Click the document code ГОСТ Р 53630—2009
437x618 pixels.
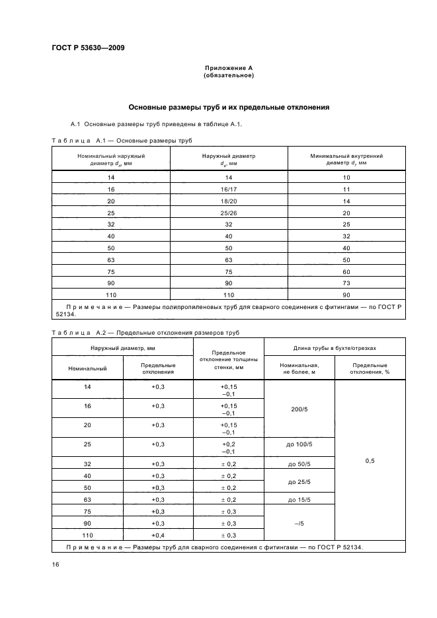coord(88,48)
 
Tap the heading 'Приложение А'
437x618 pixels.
coord(228,68)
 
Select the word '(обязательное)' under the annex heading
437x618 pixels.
coord(228,75)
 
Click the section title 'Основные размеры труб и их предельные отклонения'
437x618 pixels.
coord(228,108)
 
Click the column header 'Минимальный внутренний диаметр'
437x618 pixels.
coord(347,158)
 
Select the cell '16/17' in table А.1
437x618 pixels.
coord(229,189)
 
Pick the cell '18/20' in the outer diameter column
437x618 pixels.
coord(229,201)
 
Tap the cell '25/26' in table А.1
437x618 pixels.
coord(229,213)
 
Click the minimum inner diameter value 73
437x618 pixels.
coord(347,283)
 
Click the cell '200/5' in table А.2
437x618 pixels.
coord(299,409)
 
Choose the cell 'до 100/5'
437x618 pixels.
coord(299,444)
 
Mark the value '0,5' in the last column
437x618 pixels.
coord(370,461)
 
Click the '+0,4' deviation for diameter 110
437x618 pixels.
coord(158,535)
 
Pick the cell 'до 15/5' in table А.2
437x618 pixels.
coord(299,500)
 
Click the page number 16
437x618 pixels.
coord(56,565)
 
